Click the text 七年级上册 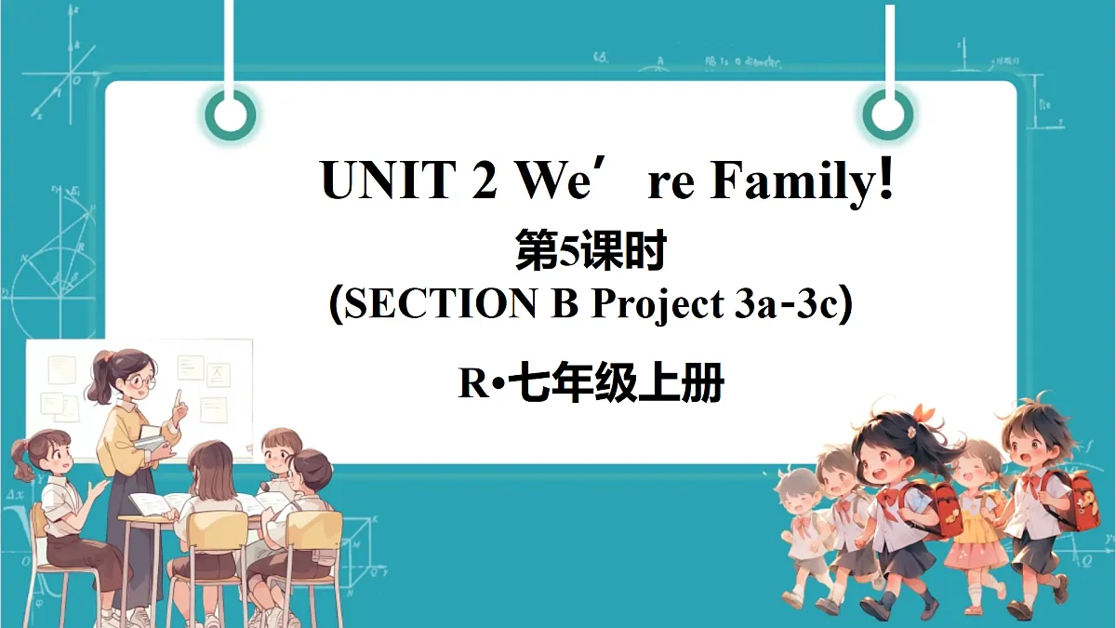[x=618, y=383]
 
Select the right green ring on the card [x=887, y=114]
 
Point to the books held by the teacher [x=152, y=442]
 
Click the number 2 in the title [x=484, y=180]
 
